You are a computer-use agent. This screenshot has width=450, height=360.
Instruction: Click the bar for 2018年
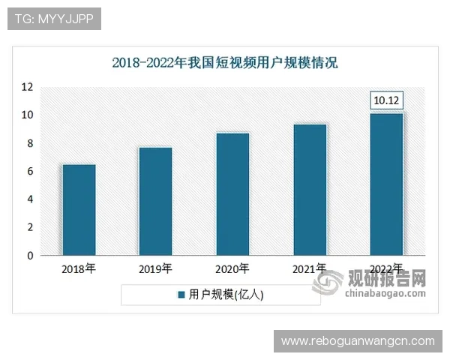(79, 210)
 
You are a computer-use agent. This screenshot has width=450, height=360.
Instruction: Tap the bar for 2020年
(232, 194)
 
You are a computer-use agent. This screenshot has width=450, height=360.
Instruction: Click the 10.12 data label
(387, 100)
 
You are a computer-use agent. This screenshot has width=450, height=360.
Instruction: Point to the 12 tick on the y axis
(27, 87)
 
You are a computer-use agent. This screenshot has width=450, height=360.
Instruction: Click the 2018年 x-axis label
(79, 268)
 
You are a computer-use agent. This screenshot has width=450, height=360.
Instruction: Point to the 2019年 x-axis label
(155, 268)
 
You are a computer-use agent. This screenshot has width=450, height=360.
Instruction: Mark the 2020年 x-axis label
(232, 268)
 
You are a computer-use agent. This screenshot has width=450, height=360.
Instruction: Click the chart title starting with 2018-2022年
(225, 63)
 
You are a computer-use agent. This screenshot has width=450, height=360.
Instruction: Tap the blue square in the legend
(180, 295)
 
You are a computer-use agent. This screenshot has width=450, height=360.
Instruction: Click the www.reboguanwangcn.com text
(358, 341)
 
